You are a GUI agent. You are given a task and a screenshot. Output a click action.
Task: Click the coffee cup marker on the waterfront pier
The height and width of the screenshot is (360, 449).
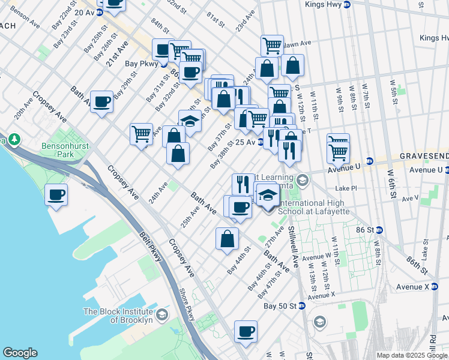[x=56, y=194]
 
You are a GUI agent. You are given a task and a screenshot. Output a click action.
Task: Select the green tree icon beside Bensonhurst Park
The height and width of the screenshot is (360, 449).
[x=14, y=140]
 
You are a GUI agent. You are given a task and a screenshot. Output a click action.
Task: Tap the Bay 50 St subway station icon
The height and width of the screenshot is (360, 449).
[x=302, y=306]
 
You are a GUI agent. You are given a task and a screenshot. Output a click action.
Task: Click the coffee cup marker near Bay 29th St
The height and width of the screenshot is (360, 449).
[x=101, y=101]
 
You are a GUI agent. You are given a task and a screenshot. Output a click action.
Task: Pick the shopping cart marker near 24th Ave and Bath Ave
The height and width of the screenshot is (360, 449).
[x=141, y=133]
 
